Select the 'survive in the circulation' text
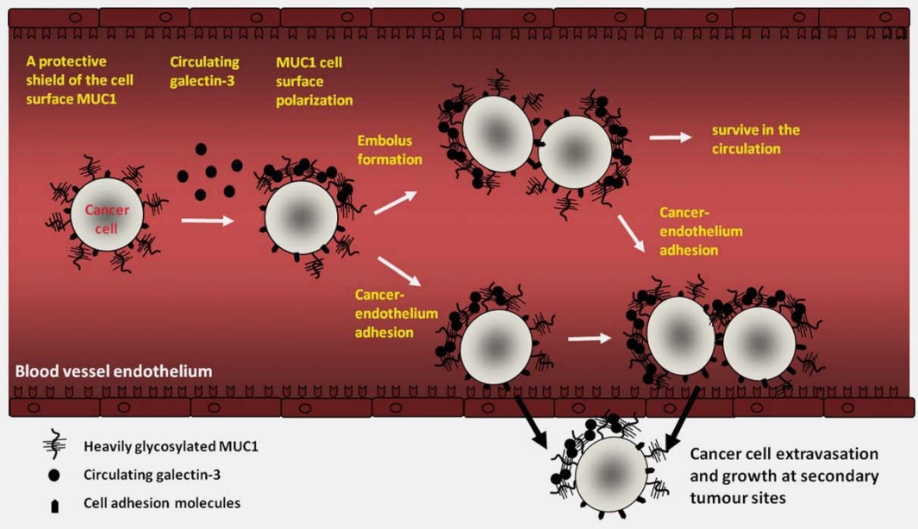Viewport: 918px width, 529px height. (x=755, y=140)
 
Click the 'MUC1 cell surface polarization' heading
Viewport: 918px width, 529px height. (x=314, y=82)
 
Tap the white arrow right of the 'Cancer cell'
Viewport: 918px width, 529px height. (x=207, y=221)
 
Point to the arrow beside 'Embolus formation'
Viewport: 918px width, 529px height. (x=394, y=202)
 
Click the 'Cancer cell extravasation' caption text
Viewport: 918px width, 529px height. (x=784, y=475)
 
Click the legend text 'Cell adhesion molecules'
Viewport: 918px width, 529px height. (x=162, y=503)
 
